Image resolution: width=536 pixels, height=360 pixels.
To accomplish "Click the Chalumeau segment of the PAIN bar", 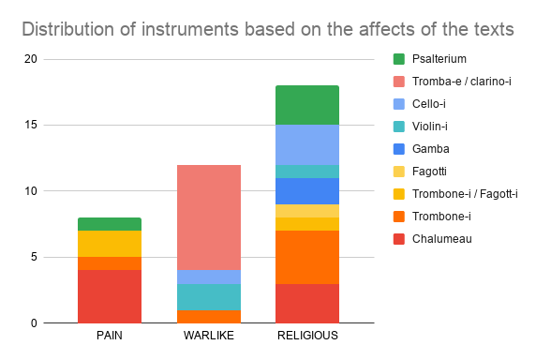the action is [110, 296].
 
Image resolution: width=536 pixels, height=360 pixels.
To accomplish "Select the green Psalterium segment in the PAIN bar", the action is [110, 224].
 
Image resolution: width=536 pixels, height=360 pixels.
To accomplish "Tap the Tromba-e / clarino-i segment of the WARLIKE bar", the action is [209, 217].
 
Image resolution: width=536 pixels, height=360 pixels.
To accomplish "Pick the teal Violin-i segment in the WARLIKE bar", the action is [209, 297].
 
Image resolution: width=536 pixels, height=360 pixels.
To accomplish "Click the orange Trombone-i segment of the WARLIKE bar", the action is [209, 317].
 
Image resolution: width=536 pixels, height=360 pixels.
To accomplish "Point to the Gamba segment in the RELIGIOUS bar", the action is [307, 191].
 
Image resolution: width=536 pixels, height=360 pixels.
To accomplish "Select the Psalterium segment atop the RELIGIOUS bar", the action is [307, 105].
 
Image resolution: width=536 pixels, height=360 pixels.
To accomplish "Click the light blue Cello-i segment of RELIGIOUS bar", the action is [307, 145].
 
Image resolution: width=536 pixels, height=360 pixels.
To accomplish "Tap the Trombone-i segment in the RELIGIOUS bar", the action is [307, 257].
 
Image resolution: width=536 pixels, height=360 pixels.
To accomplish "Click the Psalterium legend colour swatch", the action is [399, 59].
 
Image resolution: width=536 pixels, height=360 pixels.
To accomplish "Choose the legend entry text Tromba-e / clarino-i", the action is [461, 82].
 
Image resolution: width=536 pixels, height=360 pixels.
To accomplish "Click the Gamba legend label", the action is [431, 149].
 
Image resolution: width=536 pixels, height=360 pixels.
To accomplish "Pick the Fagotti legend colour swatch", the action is [399, 172].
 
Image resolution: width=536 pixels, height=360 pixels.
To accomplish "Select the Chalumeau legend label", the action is [442, 239].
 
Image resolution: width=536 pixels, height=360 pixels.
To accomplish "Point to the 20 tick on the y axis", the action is [30, 59].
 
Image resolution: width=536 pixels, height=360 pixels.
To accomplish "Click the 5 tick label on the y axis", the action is [34, 257].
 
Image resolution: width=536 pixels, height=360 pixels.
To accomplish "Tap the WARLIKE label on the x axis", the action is [209, 336].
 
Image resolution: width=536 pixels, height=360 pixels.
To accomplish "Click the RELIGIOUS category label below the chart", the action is [307, 336].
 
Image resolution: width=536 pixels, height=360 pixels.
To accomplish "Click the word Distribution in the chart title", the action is [68, 29].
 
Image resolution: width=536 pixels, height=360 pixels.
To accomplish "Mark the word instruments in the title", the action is [189, 29].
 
